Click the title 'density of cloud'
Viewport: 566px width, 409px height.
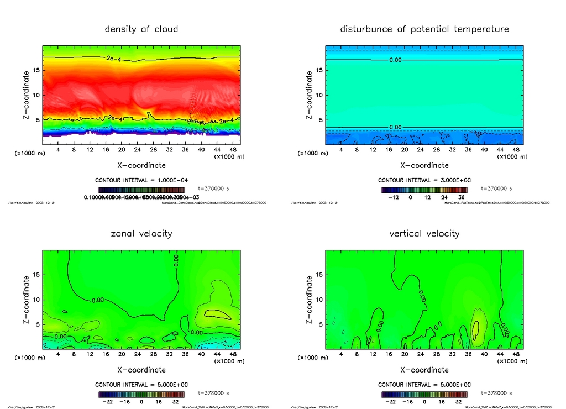[141, 29]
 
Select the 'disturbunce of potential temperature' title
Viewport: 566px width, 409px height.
[424, 29]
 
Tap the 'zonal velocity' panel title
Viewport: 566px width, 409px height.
[141, 233]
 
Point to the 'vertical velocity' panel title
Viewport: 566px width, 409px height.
[424, 233]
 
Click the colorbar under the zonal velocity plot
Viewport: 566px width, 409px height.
[141, 395]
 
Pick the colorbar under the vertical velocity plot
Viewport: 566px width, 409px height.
[424, 395]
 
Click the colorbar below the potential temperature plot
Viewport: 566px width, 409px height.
[424, 190]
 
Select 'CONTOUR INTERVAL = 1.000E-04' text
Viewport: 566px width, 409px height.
[141, 180]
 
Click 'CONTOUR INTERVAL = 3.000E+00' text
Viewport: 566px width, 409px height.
[424, 180]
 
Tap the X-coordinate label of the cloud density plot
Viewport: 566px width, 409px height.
[141, 165]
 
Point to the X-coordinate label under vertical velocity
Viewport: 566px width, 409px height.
[424, 370]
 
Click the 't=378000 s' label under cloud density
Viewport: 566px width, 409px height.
[213, 188]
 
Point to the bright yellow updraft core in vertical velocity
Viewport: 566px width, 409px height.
[476, 327]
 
